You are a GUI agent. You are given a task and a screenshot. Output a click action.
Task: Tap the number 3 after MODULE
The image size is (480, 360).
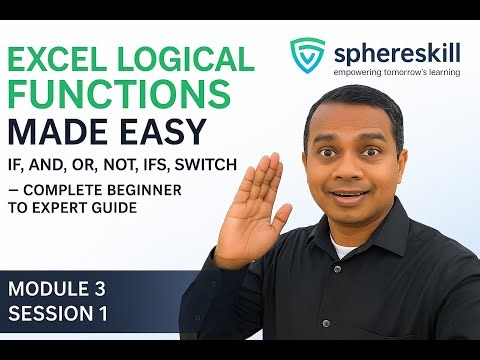tap(99, 289)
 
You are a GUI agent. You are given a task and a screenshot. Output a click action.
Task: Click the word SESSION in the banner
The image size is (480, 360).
tap(50, 314)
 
